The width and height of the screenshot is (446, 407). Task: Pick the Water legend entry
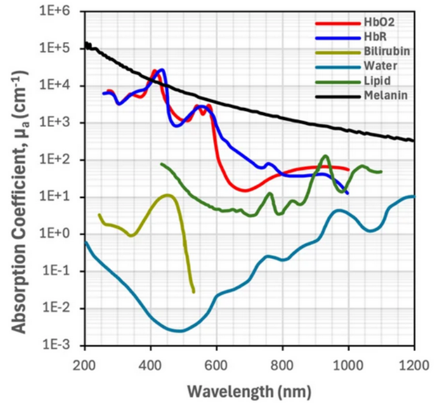pyautogui.click(x=374, y=66)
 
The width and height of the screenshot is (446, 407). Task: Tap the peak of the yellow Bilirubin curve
pyautogui.click(x=167, y=196)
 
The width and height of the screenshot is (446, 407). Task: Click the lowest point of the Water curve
pyautogui.click(x=178, y=331)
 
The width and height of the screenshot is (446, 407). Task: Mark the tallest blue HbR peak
pyautogui.click(x=161, y=70)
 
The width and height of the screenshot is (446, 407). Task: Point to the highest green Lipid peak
pyautogui.click(x=325, y=156)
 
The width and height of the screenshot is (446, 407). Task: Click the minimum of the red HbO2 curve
pyautogui.click(x=244, y=190)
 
